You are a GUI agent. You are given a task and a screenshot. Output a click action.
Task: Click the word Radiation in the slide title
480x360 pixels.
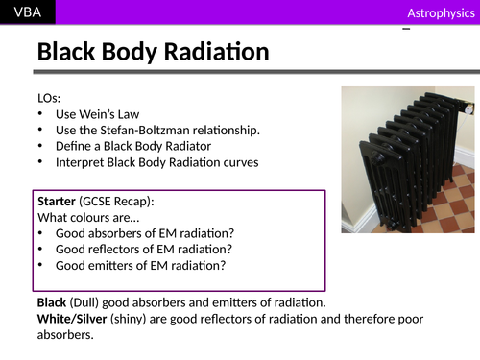(209, 53)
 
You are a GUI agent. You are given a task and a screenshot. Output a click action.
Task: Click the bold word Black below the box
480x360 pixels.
(56, 301)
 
